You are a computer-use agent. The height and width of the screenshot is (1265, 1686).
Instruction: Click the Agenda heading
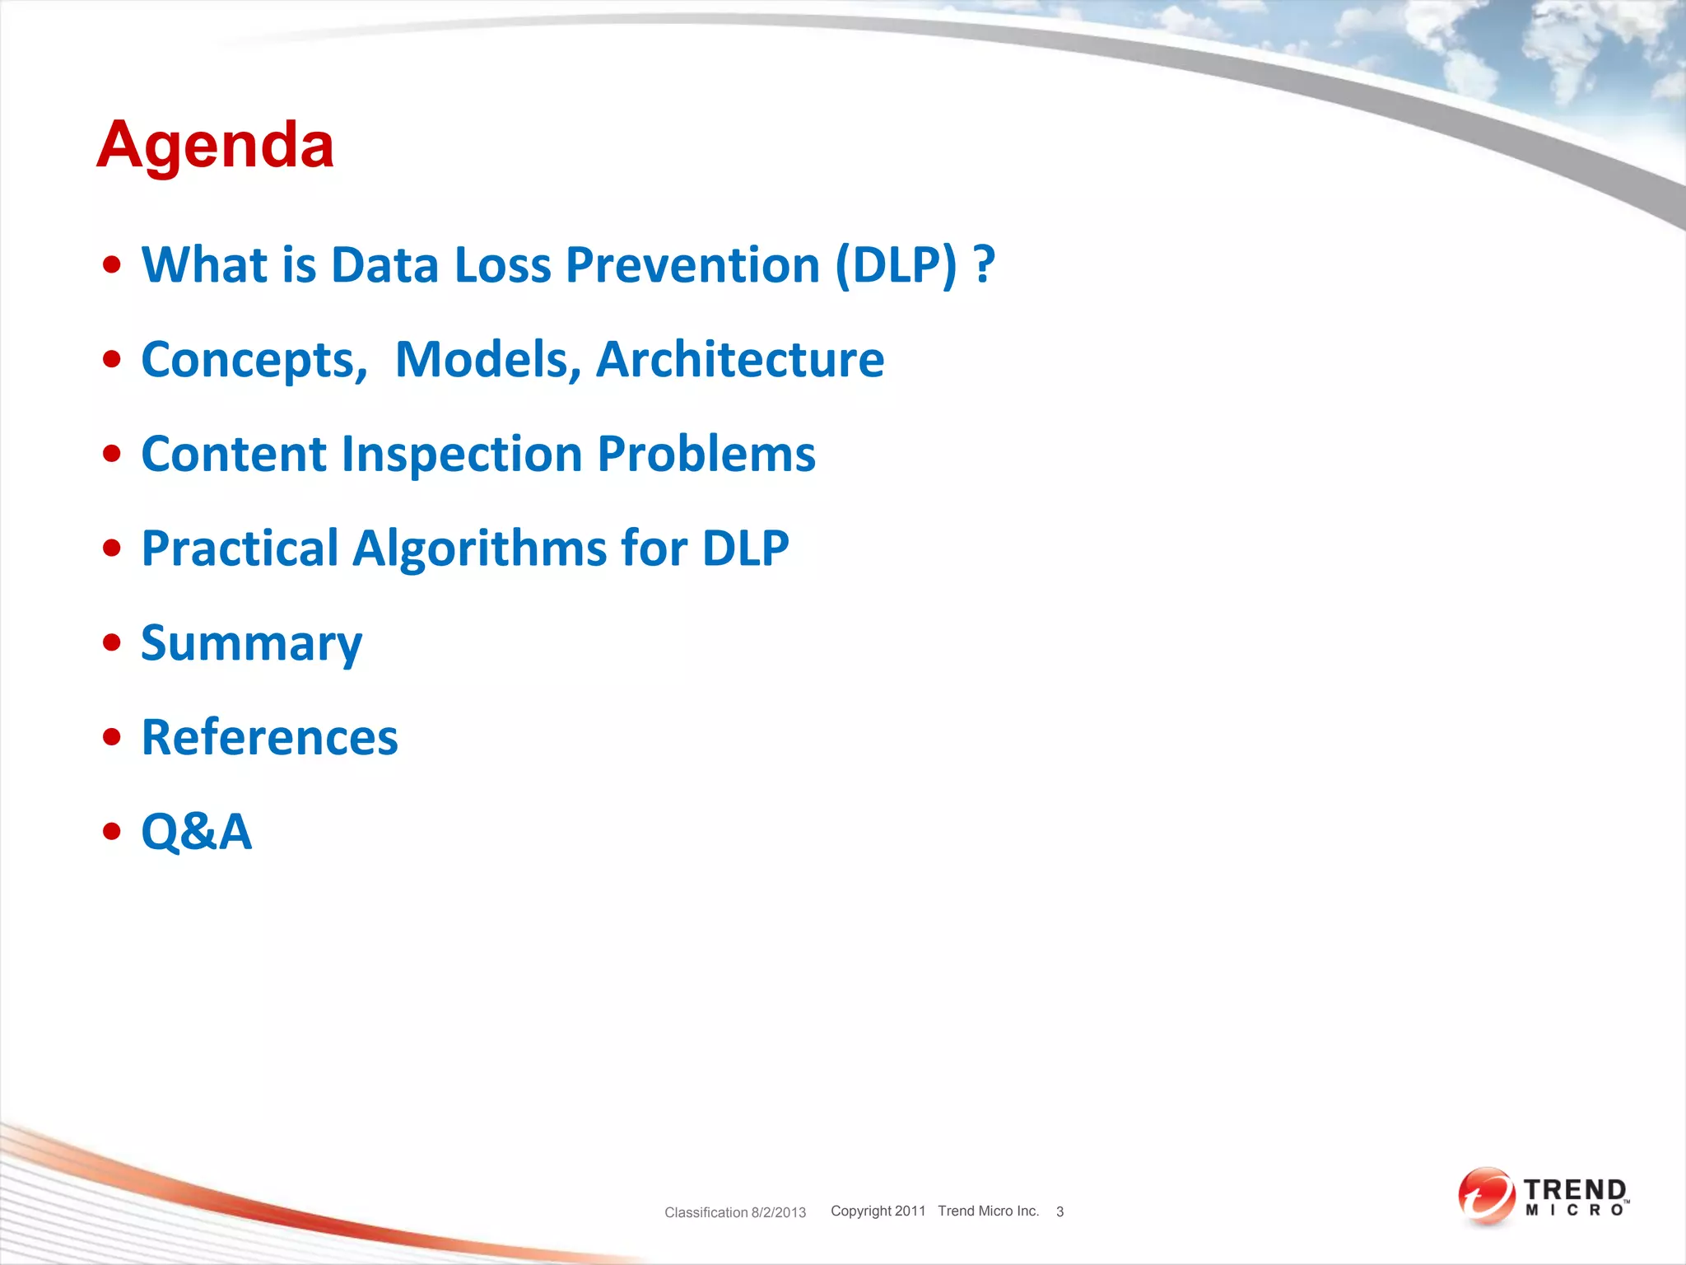215,145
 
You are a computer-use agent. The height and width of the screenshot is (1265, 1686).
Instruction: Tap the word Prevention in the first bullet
692,265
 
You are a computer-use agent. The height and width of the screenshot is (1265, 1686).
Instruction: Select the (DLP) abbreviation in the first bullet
896,265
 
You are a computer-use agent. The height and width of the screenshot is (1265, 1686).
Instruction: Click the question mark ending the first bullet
984,265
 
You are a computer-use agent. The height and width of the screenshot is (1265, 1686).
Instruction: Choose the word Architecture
739,360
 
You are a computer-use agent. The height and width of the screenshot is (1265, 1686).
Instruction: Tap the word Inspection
462,455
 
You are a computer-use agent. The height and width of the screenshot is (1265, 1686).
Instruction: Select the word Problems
706,455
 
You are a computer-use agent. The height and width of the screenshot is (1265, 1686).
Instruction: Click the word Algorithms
480,548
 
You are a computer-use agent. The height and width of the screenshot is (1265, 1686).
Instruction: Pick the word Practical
240,548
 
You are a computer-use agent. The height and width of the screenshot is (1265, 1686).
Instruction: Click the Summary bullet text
251,644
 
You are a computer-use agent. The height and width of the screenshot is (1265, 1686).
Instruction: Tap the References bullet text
269,737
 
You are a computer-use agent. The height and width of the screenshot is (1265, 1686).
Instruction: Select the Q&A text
196,832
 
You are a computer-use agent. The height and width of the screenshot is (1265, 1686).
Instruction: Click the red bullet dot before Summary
112,643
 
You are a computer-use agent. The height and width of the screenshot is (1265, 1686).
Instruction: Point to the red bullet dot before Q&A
112,832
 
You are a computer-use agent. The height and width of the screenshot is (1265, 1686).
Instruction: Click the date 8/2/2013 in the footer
778,1212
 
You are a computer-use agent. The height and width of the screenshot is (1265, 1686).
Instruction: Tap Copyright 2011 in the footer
878,1211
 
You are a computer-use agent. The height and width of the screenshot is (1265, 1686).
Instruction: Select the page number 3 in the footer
1060,1211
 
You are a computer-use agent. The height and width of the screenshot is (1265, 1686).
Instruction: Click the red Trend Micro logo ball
1486,1196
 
